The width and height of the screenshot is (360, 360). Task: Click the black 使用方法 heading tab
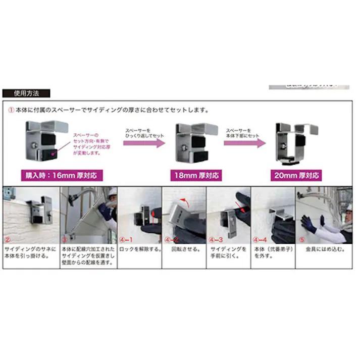tap(26, 93)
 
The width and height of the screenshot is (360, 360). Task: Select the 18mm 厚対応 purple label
tap(197, 175)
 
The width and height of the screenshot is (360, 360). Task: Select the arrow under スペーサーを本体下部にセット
tap(245, 144)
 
